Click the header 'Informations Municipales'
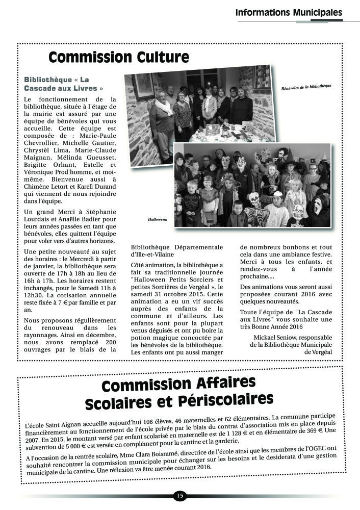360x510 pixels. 289,12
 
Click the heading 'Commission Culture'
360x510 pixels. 119,58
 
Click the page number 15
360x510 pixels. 180,495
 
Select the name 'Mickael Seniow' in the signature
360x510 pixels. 276,337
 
